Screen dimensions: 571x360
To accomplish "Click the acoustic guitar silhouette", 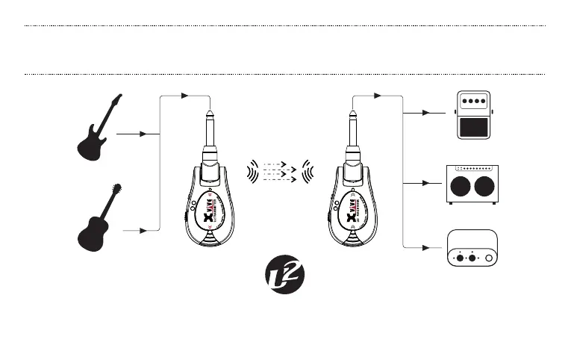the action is click(98, 220).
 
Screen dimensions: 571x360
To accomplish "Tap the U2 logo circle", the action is click(284, 276).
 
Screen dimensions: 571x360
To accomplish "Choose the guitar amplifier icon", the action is click(471, 183).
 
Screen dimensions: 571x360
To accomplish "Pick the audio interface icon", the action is click(471, 249).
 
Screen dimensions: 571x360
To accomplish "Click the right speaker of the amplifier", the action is click(482, 187).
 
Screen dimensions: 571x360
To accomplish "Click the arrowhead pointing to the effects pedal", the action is click(426, 114).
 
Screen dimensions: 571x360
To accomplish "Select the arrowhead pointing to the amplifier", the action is click(426, 181).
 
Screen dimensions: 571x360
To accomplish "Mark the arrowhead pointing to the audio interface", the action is click(426, 248).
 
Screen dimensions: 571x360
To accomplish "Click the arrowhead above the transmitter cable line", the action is click(185, 96).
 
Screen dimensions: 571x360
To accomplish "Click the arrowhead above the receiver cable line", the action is click(377, 96).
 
